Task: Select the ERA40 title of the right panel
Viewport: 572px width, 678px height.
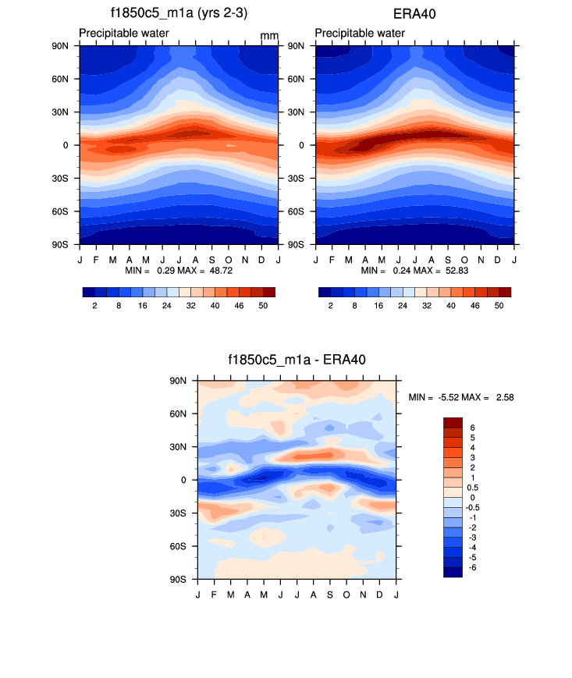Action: (x=414, y=13)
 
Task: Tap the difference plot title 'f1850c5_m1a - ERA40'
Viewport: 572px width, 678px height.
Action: (x=296, y=359)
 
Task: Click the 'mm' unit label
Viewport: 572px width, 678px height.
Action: (x=269, y=36)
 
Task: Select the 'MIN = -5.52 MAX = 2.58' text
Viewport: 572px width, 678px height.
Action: (x=460, y=398)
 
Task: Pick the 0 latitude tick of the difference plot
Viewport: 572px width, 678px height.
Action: (x=184, y=481)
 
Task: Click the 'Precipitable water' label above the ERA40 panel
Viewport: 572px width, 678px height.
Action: (x=360, y=33)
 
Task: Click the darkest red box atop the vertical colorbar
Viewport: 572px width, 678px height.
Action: (x=453, y=422)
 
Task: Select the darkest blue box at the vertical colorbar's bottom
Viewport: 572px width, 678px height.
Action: (x=453, y=572)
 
